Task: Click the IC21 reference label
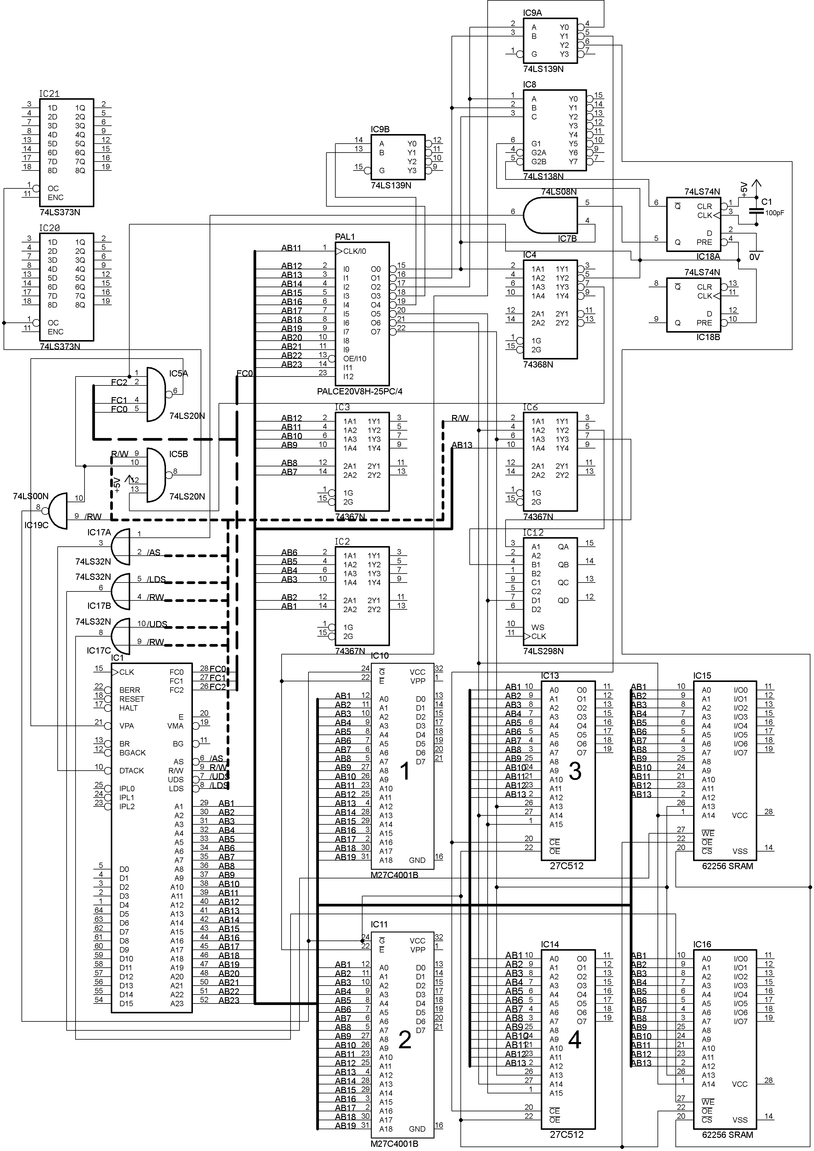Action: pyautogui.click(x=49, y=94)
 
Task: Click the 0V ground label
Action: pyautogui.click(x=754, y=257)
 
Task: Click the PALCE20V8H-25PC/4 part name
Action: pyautogui.click(x=360, y=391)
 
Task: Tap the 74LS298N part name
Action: pyautogui.click(x=543, y=651)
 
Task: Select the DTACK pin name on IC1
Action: pyautogui.click(x=131, y=771)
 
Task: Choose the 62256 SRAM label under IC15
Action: pyautogui.click(x=727, y=866)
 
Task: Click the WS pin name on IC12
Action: pyautogui.click(x=537, y=627)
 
